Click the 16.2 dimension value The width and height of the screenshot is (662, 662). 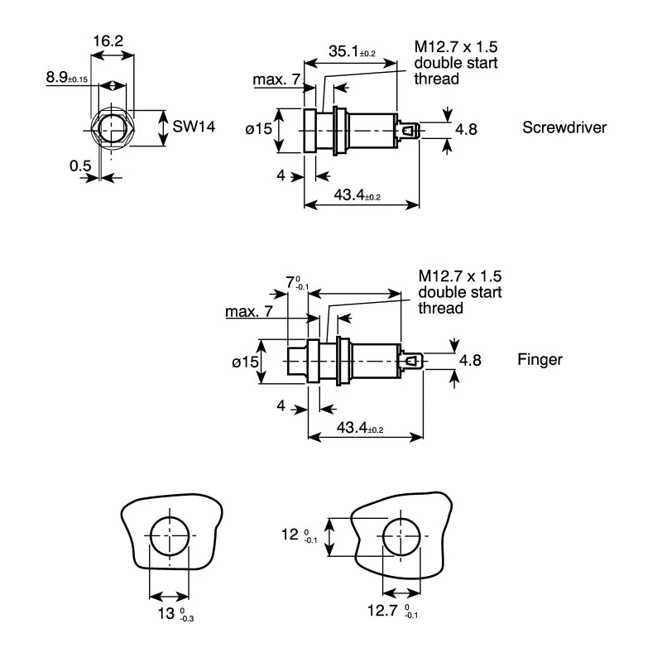(x=108, y=41)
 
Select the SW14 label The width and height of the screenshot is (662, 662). (x=194, y=127)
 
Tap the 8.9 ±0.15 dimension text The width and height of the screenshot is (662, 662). (x=67, y=77)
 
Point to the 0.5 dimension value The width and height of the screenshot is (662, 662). (x=80, y=165)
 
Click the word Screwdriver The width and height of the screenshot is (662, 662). (x=564, y=127)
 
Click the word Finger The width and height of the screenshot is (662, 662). (x=540, y=360)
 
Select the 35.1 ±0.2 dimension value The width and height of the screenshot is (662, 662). (x=352, y=51)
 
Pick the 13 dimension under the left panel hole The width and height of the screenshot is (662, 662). (x=175, y=613)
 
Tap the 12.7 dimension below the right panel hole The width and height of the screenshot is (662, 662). (x=392, y=611)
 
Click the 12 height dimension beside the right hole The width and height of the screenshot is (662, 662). (x=299, y=535)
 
